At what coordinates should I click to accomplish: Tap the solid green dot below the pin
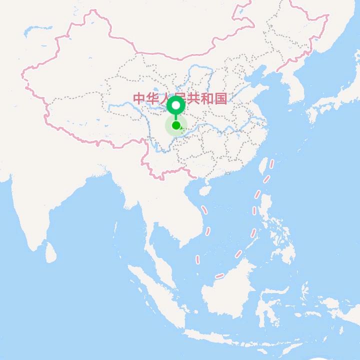[176, 125]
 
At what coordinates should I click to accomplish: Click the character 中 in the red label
[139, 98]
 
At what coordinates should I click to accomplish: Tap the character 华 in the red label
[152, 98]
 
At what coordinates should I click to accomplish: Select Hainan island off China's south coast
[204, 190]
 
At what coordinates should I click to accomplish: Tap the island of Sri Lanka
[51, 252]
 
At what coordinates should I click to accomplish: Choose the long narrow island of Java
[220, 336]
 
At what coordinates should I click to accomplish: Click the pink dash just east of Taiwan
[271, 163]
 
